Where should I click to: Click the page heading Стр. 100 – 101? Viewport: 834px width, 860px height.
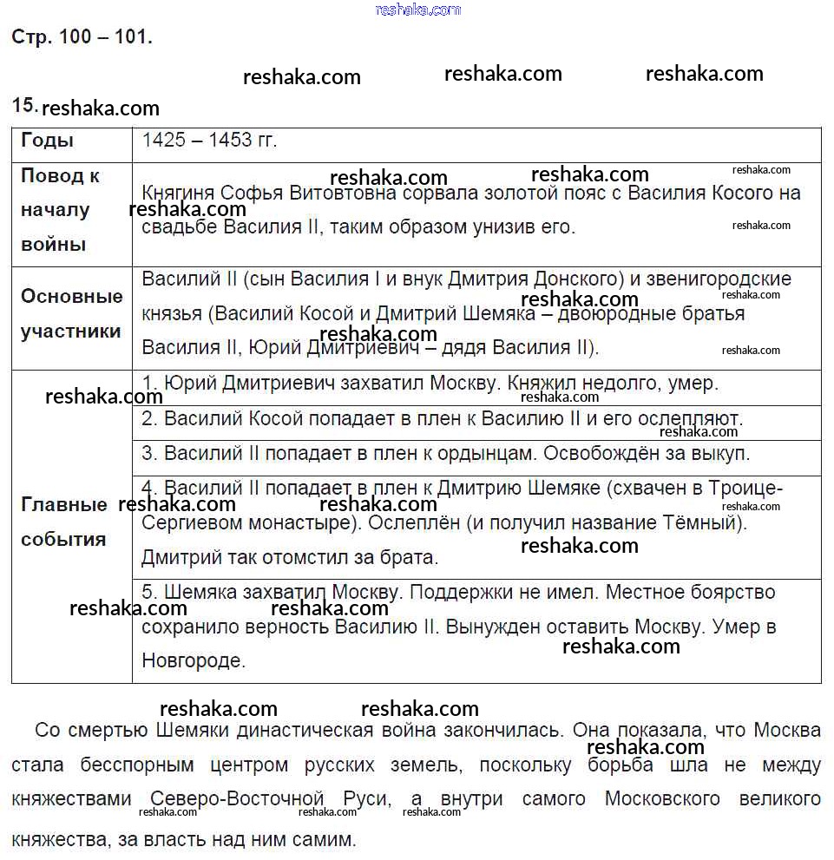[82, 37]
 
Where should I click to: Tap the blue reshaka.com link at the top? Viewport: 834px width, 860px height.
[417, 10]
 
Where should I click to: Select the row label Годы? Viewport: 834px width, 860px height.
[48, 141]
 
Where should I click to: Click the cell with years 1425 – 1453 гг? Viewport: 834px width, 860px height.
[209, 141]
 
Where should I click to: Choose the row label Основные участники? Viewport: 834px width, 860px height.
[71, 314]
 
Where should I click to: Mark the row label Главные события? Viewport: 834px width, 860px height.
[64, 522]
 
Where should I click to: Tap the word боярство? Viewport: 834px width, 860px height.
[733, 593]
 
